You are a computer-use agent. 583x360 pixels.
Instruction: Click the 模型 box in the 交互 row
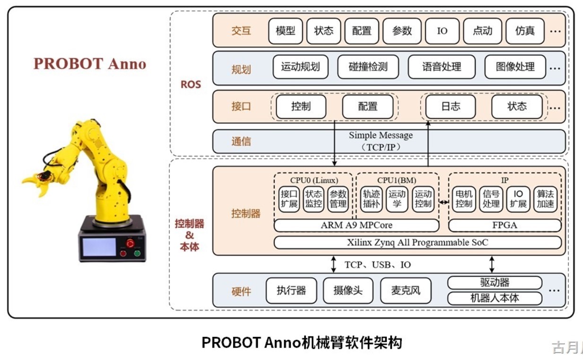pyautogui.click(x=286, y=31)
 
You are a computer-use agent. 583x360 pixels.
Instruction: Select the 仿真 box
pyautogui.click(x=525, y=31)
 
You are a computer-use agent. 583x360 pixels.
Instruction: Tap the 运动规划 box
pyautogui.click(x=300, y=67)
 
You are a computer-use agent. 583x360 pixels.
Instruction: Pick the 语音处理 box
pyautogui.click(x=441, y=67)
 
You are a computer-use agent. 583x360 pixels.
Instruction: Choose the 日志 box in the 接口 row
pyautogui.click(x=450, y=106)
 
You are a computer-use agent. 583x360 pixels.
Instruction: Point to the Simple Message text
pyautogui.click(x=381, y=136)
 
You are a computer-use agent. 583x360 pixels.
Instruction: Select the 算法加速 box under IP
pyautogui.click(x=546, y=199)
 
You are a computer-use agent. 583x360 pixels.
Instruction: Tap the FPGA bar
pyautogui.click(x=505, y=225)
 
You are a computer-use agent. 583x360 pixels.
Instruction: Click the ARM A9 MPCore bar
pyautogui.click(x=356, y=225)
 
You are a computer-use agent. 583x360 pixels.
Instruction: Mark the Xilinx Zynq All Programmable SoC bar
pyautogui.click(x=418, y=243)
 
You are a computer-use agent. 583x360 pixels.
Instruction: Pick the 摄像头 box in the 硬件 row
pyautogui.click(x=348, y=291)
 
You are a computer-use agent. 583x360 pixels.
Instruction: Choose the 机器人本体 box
pyautogui.click(x=495, y=299)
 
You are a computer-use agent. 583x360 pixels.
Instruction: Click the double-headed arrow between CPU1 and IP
pyautogui.click(x=444, y=202)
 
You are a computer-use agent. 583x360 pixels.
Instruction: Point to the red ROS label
pyautogui.click(x=191, y=85)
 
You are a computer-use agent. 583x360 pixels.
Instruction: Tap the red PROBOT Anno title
pyautogui.click(x=89, y=64)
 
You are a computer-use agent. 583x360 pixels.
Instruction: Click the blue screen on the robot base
pyautogui.click(x=99, y=247)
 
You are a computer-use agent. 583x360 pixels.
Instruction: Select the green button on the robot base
pyautogui.click(x=137, y=253)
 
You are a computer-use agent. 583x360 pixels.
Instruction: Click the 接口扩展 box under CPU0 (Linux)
pyautogui.click(x=288, y=199)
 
